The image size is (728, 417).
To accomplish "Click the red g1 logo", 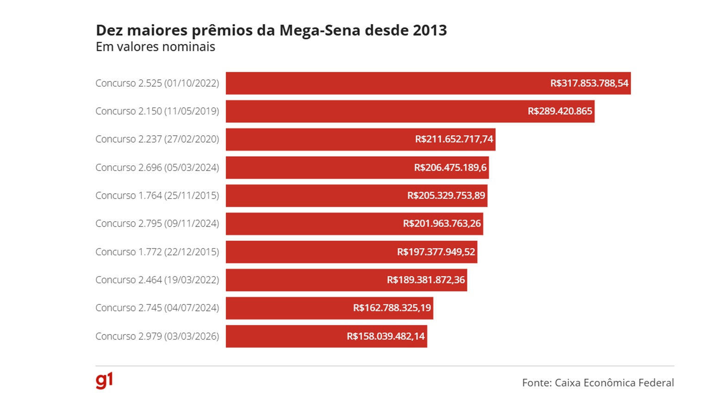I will [104, 380].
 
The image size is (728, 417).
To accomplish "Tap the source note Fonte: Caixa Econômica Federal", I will [597, 383].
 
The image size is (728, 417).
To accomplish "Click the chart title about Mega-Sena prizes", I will [271, 30].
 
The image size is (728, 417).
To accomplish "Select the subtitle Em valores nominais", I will [156, 47].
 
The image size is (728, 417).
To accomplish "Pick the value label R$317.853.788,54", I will [589, 83].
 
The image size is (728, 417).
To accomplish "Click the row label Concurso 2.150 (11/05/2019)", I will [157, 111].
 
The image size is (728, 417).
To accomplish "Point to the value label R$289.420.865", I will [560, 111].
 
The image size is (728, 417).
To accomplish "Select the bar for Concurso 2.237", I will [319, 139].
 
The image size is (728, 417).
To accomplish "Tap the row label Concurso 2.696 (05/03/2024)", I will [157, 168].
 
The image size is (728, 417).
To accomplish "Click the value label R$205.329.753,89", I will [446, 196].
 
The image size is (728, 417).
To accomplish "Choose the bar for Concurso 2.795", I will [315, 224].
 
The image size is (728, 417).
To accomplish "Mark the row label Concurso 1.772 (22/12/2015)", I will [157, 252].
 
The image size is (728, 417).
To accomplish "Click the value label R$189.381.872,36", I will [425, 280].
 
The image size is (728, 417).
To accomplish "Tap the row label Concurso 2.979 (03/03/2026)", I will [157, 336].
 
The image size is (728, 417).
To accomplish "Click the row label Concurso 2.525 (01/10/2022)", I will [157, 83].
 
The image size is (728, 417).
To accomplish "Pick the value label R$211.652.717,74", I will [454, 139].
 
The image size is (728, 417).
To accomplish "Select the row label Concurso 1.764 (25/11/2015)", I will [157, 196].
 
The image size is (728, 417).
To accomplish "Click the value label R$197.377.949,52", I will [436, 252].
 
